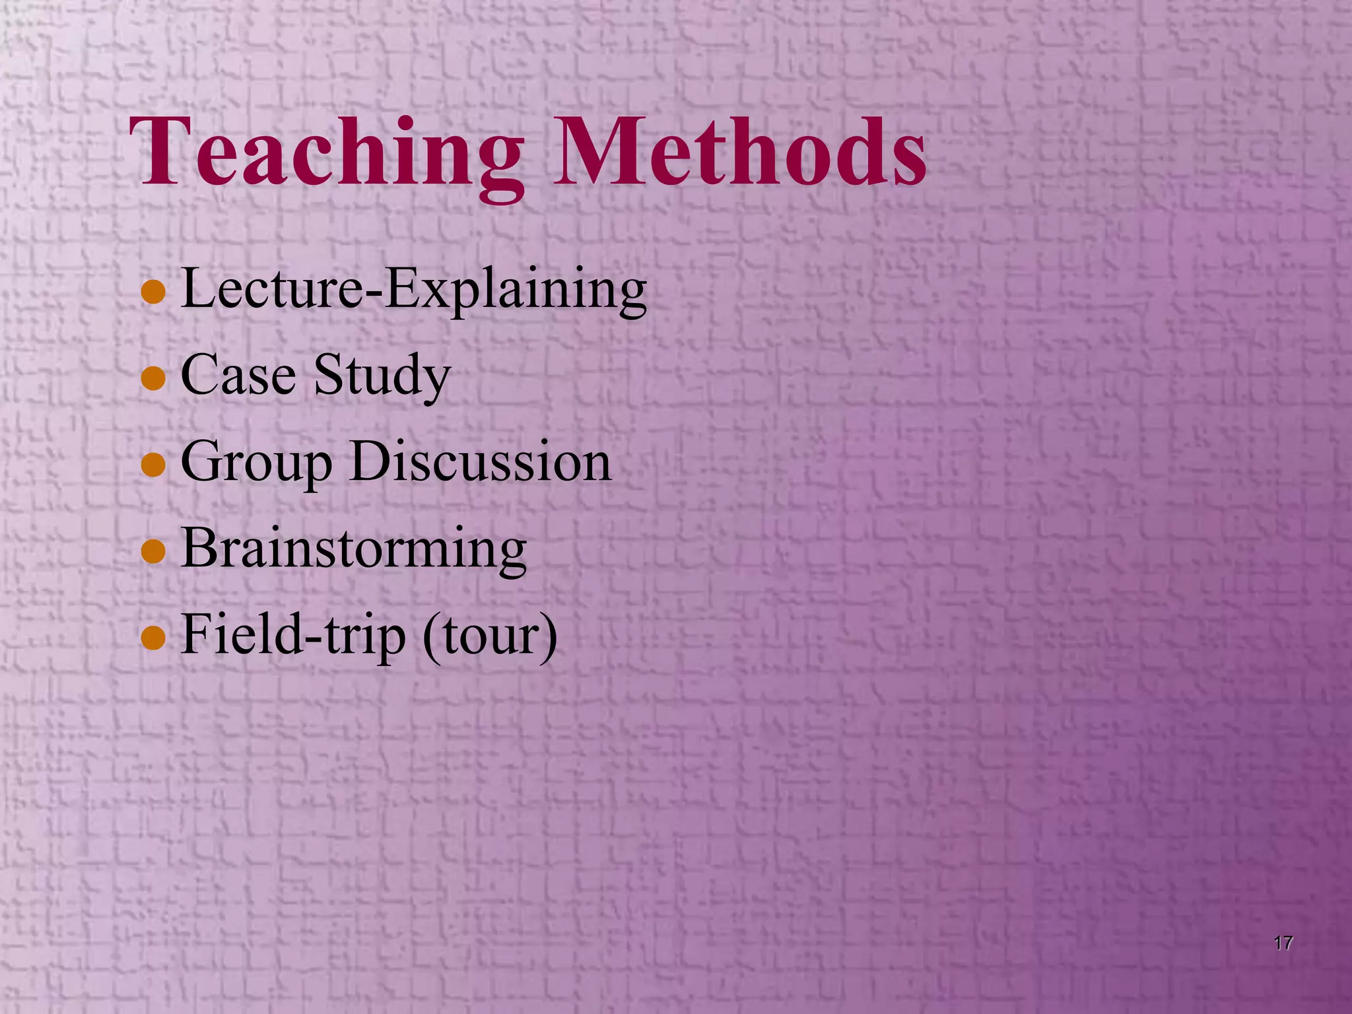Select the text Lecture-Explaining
413,289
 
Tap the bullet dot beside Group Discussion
153,465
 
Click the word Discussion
481,461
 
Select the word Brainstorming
354,549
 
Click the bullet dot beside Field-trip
153,638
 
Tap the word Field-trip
293,635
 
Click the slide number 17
1283,943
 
